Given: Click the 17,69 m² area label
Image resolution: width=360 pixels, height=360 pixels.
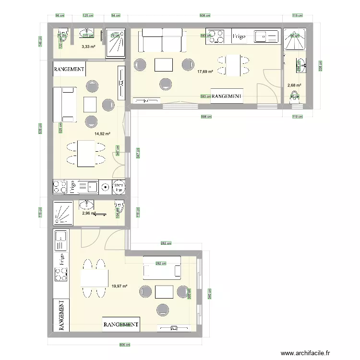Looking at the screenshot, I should tap(205, 72).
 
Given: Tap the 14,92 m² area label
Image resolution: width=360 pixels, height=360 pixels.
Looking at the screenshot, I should tap(103, 134).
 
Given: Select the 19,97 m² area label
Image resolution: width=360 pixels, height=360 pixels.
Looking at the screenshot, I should tap(119, 286).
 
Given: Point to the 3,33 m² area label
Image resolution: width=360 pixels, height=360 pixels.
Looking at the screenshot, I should tap(88, 47).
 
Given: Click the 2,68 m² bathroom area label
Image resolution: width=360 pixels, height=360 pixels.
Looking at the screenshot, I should tap(294, 86).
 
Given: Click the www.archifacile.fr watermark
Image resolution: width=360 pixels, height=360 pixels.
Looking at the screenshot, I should tap(306, 353).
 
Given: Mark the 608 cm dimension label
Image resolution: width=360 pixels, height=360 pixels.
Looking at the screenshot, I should tap(205, 15).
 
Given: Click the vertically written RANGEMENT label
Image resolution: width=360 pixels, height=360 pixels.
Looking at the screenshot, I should tap(61, 315).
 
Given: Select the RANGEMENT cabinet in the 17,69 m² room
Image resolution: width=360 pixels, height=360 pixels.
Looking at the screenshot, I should tap(226, 96).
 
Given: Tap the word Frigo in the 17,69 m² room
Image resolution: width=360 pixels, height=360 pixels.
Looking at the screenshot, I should tap(239, 36).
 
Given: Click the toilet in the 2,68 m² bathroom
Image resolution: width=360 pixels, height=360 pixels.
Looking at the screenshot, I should tap(294, 97).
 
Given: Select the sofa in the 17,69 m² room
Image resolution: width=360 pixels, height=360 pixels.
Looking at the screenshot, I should tap(160, 40).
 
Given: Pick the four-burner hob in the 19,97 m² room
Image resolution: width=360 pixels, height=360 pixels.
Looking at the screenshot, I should tap(61, 275).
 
